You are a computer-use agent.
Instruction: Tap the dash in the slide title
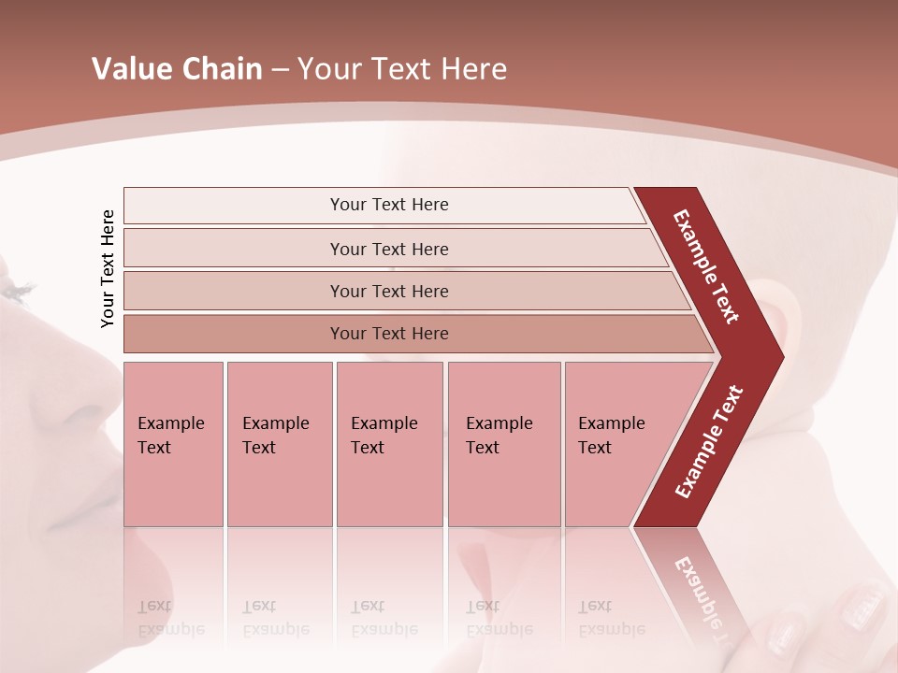point(280,70)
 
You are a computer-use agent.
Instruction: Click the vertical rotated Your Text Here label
point(109,269)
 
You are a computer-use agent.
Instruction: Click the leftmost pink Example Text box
point(173,444)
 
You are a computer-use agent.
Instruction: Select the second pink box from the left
point(279,444)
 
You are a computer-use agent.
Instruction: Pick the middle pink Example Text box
point(389,444)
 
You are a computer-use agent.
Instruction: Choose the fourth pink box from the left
point(503,444)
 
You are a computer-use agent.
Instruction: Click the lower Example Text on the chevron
point(709,441)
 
